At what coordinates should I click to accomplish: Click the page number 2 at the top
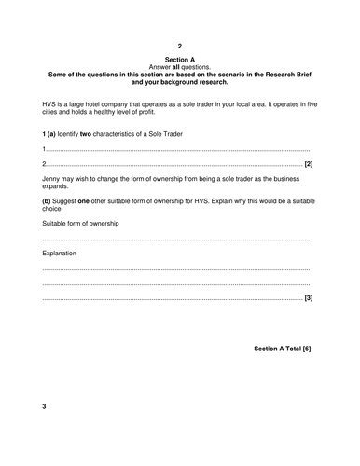180,45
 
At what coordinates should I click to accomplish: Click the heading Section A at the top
180,59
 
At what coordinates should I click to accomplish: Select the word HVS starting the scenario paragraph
51,100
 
